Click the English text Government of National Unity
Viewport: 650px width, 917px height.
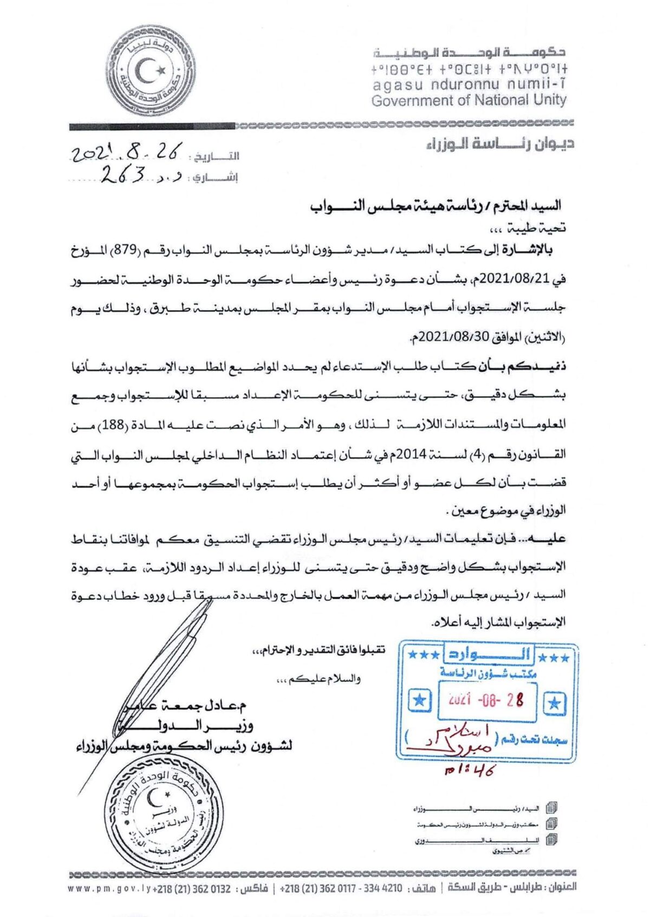469,100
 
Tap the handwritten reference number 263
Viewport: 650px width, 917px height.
124,174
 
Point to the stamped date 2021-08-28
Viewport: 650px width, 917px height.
486,700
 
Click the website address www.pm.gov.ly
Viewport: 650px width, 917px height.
109,889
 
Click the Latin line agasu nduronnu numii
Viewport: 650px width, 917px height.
469,84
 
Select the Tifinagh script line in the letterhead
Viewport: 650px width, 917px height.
469,69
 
